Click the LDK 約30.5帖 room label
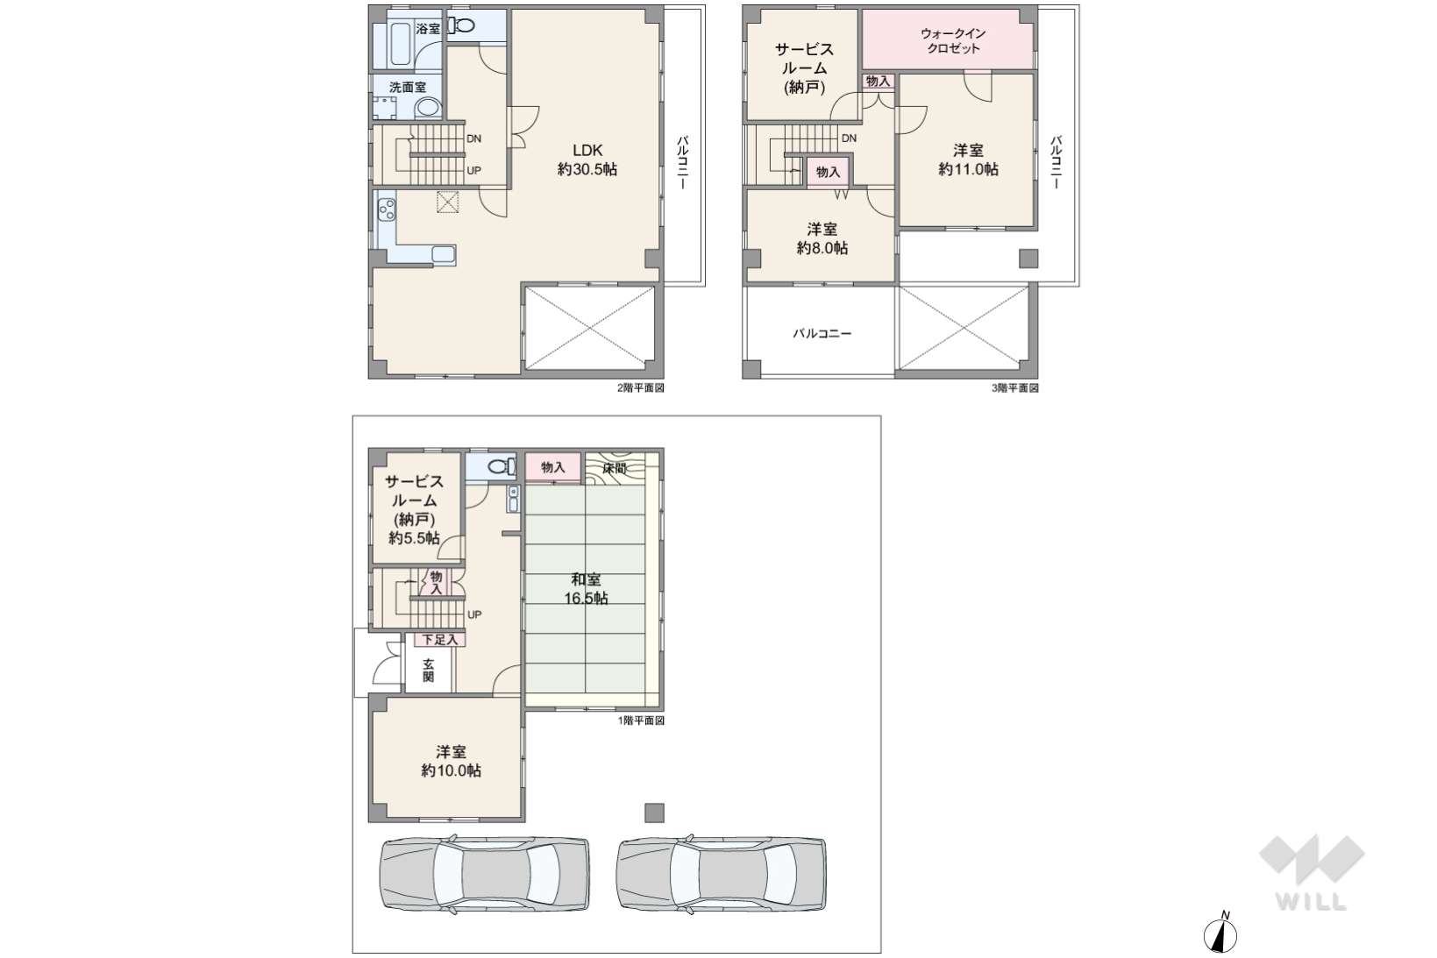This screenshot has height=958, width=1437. coord(587,160)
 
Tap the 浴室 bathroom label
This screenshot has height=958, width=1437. coord(428,29)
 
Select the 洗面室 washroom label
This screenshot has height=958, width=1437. coord(408,87)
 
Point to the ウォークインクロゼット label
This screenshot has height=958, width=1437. coord(953,40)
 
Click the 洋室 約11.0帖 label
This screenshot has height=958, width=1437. coord(968,160)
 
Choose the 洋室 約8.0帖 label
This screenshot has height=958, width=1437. coord(822,238)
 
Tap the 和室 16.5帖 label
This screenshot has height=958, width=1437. coord(587,589)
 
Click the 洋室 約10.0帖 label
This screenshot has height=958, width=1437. coord(451,761)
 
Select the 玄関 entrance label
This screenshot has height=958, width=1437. coord(428,671)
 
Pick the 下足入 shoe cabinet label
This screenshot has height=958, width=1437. coord(440,639)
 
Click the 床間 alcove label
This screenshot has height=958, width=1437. coord(615,468)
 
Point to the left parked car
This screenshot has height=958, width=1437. coord(485,873)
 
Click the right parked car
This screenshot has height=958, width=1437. coord(721,873)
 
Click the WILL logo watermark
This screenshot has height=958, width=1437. coord(1312,873)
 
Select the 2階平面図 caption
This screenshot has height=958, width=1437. coord(640,388)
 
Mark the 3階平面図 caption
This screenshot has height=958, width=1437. coord(1015,388)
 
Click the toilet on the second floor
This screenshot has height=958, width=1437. coord(461,25)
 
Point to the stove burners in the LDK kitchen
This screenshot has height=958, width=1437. coord(387,209)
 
